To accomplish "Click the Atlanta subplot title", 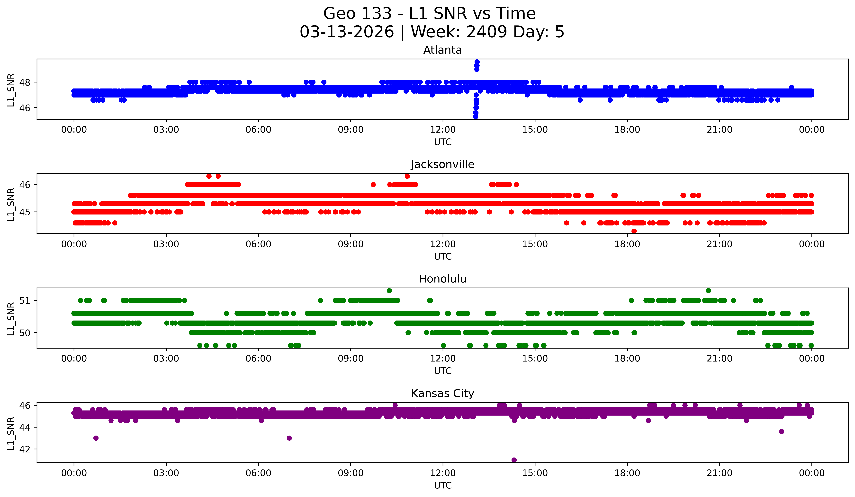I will [x=442, y=50].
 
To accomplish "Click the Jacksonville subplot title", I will [x=442, y=164].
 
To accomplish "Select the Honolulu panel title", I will [x=442, y=279].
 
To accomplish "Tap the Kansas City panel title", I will [x=442, y=393].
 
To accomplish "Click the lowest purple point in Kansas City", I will [x=514, y=460].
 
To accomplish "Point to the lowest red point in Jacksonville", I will [x=634, y=231].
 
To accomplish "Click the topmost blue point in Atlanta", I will [x=477, y=62].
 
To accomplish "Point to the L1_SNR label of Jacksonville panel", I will [x=11, y=204].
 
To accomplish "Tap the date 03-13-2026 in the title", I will [x=347, y=32].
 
